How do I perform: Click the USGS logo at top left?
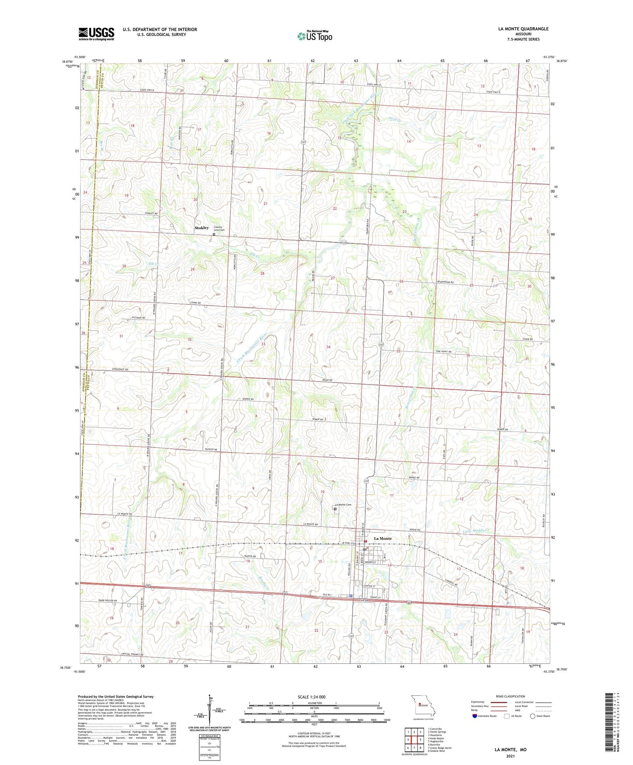coord(96,34)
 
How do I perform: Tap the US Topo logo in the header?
coord(315,35)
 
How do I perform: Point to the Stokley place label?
coord(202,228)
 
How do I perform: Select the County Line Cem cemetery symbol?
coord(214,234)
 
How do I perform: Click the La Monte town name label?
coord(382,538)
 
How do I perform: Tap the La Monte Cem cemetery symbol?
coord(335,509)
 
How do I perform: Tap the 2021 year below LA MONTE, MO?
coord(510,756)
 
